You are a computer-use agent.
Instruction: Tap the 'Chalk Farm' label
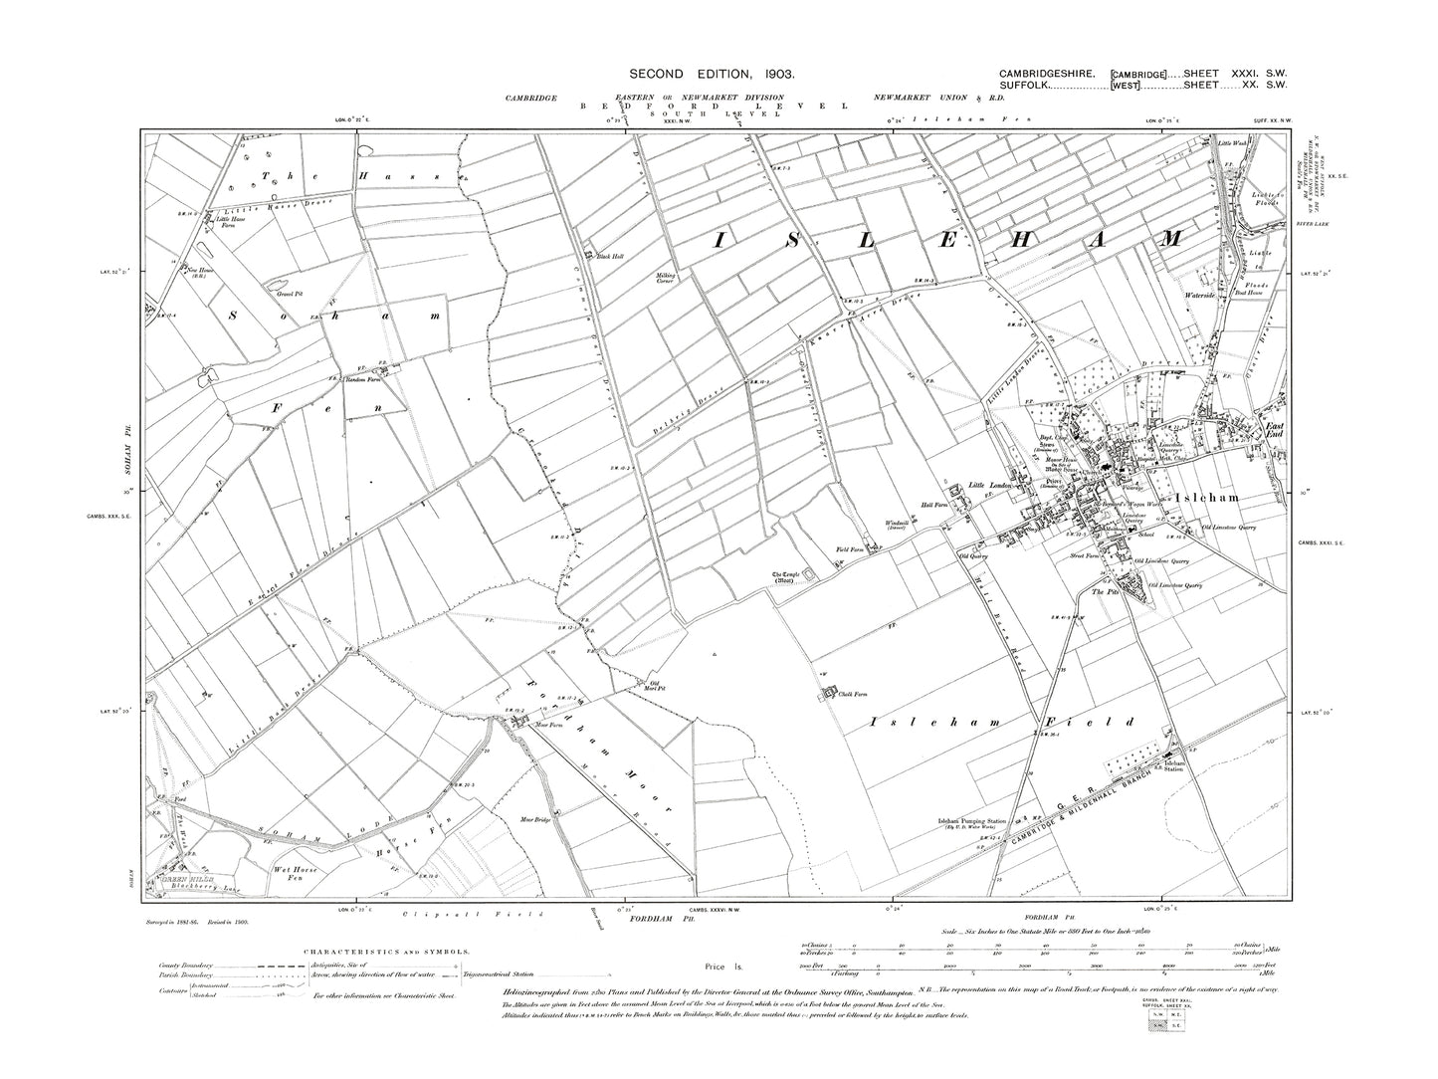(856, 696)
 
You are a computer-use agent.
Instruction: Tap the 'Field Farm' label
(848, 546)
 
